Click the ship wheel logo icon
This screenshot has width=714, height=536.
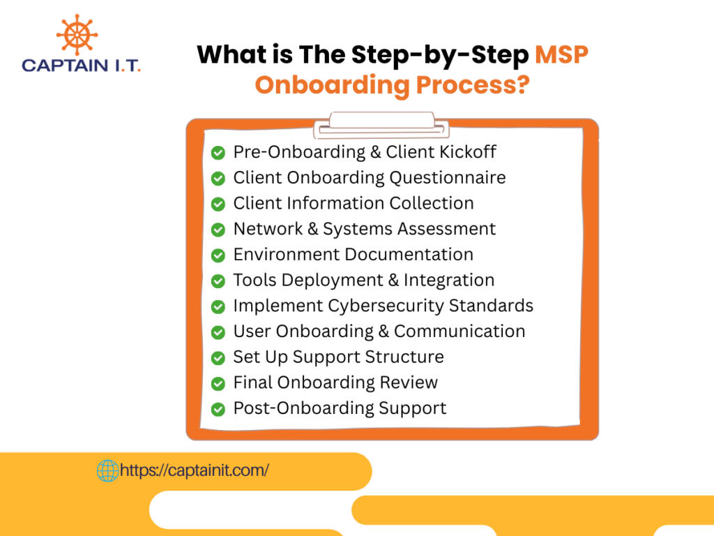click(77, 35)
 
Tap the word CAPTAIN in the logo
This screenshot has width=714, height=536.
click(65, 66)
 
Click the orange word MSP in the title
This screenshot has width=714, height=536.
click(561, 54)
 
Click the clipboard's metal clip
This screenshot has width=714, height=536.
click(381, 125)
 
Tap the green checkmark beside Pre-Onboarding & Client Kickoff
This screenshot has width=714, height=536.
click(218, 153)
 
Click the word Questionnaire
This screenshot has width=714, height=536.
click(448, 178)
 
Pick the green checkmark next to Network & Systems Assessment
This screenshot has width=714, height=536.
click(218, 229)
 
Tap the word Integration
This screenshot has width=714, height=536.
click(449, 281)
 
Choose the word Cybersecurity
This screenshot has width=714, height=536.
click(386, 306)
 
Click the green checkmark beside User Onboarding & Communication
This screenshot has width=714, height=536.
click(218, 332)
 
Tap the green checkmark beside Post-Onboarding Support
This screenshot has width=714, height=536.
click(218, 409)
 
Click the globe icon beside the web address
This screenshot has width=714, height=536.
click(108, 470)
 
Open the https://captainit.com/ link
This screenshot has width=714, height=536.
click(195, 470)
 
